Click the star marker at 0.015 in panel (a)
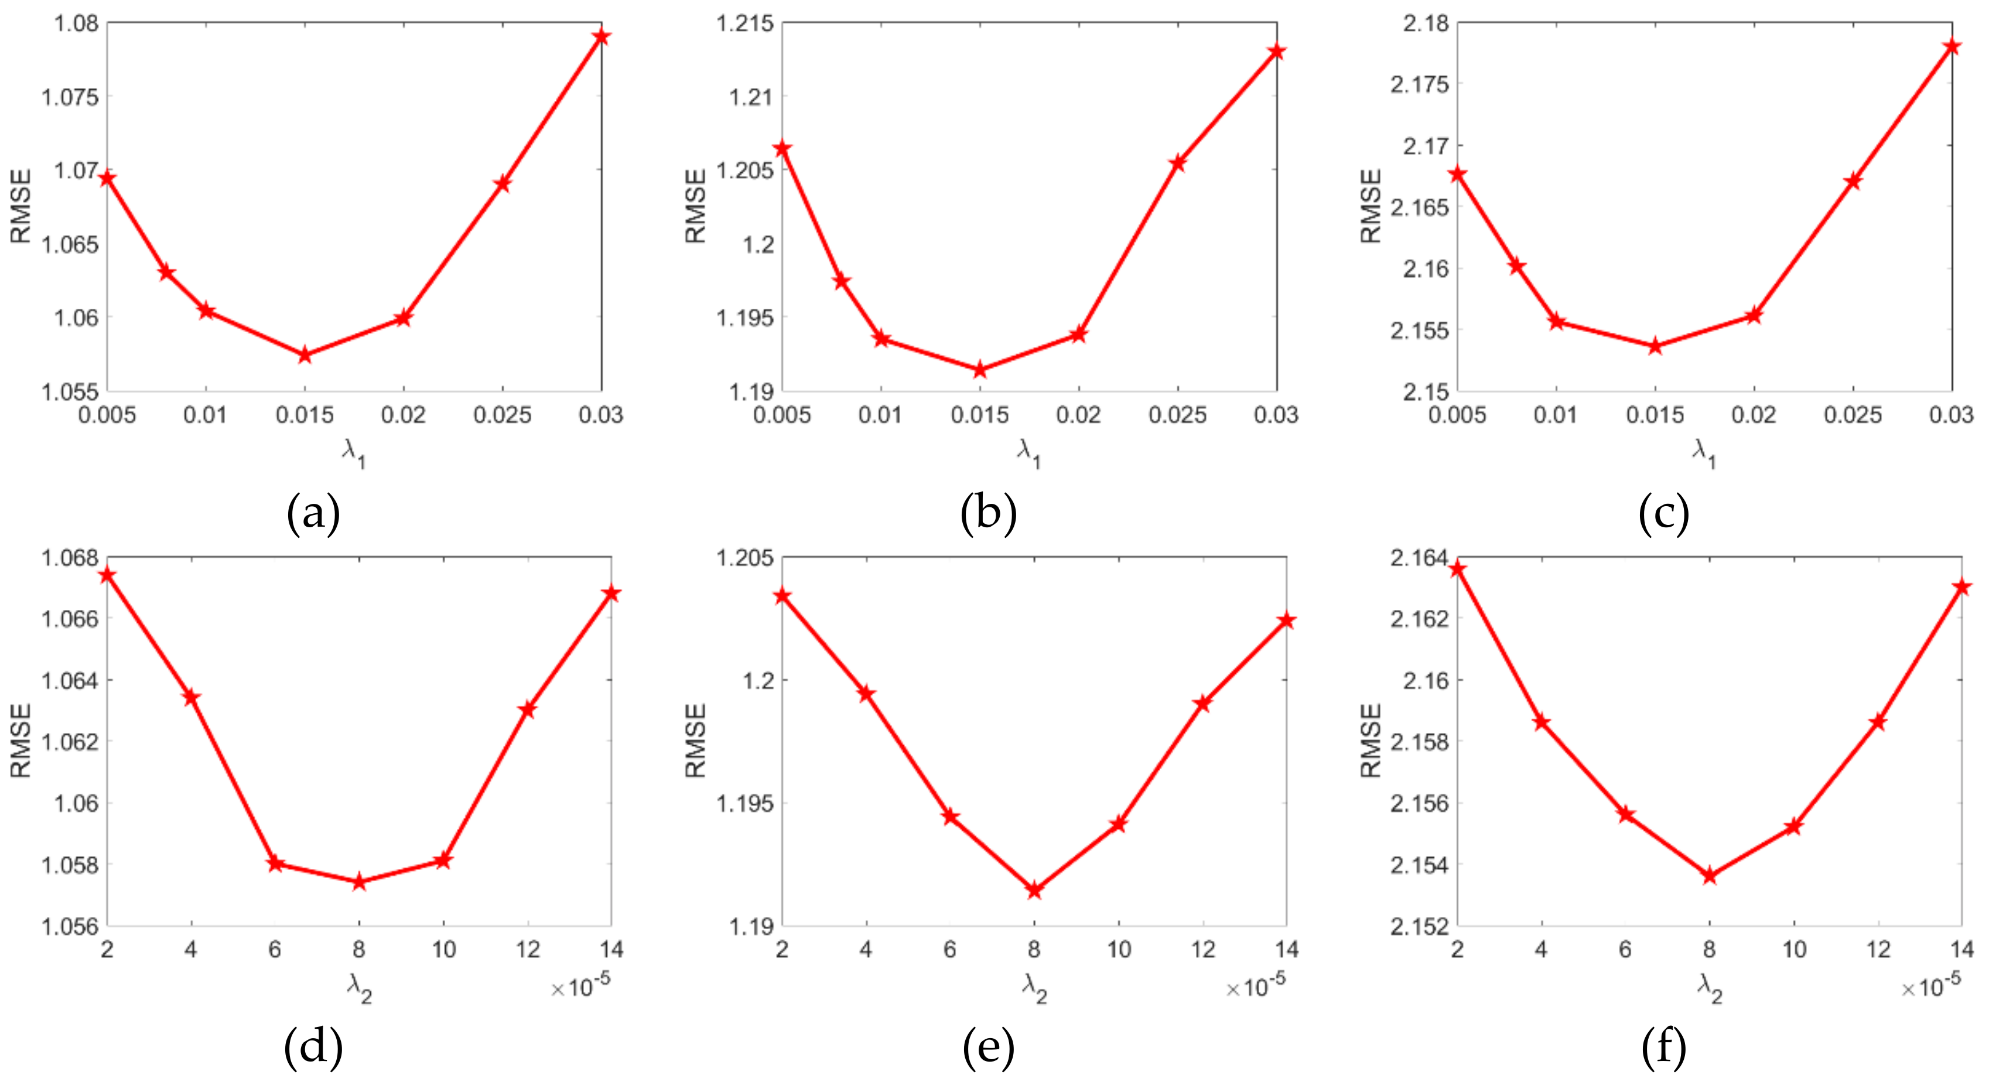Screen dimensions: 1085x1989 305,355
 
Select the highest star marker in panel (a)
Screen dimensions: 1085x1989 602,37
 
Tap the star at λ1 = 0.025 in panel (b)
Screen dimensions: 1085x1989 1177,163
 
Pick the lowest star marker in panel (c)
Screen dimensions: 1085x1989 1655,347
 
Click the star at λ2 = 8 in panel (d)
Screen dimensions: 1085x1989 359,882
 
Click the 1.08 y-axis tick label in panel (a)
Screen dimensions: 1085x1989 76,23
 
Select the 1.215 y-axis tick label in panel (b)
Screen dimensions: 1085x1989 744,23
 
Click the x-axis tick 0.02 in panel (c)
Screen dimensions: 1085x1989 1754,415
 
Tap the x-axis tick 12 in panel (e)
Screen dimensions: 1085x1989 1202,950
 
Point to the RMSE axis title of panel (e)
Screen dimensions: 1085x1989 696,740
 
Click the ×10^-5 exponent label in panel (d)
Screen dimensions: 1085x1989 580,985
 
